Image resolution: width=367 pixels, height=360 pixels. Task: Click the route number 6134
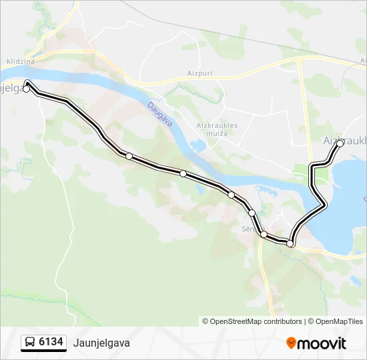coord(51,343)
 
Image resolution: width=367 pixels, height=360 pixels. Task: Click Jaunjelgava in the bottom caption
coord(103,343)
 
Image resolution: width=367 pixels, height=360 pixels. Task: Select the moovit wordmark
coord(322,343)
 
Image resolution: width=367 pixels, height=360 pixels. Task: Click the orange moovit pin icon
coord(292,343)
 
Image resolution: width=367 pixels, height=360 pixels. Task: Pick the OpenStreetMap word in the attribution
coord(237,321)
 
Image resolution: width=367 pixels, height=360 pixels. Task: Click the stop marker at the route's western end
coord(27,89)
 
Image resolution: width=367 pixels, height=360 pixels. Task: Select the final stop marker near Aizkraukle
coord(340,143)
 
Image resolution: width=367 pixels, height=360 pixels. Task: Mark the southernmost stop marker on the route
coord(290,244)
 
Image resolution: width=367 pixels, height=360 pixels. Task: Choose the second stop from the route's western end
coord(129,156)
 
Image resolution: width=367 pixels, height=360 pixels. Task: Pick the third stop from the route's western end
coord(183,173)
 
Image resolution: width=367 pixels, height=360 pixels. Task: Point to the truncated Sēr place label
coord(248,227)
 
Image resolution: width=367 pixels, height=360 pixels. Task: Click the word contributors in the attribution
coord(283,321)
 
